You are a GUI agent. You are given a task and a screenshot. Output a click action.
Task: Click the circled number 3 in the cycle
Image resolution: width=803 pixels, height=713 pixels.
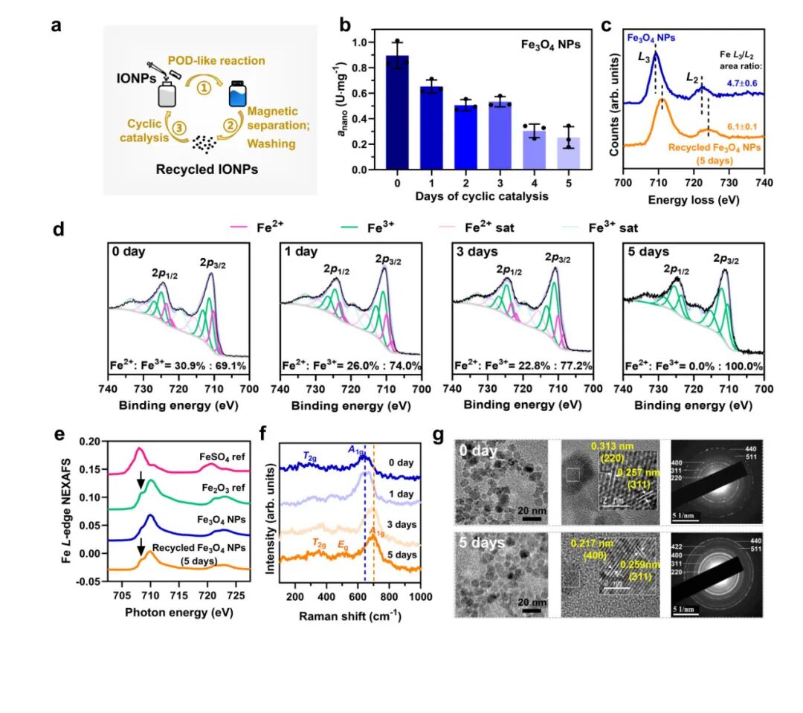(178, 128)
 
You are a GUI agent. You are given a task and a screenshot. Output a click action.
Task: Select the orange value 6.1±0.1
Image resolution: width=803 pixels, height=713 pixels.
(741, 127)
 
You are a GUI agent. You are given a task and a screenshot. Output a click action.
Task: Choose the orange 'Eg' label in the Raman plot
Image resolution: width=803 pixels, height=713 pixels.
(343, 546)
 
